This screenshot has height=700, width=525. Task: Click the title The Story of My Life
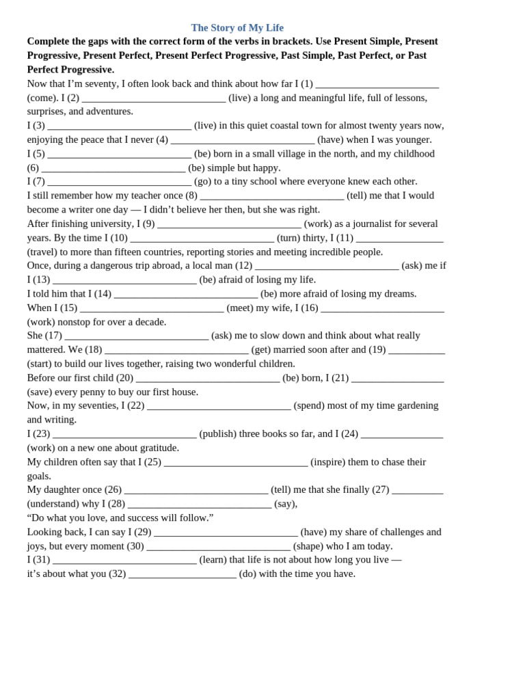[x=237, y=28]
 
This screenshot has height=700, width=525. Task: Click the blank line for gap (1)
[x=377, y=85]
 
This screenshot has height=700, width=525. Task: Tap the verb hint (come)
[x=43, y=98]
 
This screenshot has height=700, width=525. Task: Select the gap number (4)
[x=162, y=139]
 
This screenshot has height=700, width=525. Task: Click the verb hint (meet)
[x=239, y=308]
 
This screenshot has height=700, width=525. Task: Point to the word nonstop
[x=82, y=322]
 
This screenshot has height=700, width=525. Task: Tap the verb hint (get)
[x=260, y=350]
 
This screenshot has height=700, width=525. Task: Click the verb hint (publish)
[x=217, y=434]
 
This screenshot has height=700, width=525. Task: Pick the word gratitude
[x=156, y=448]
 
